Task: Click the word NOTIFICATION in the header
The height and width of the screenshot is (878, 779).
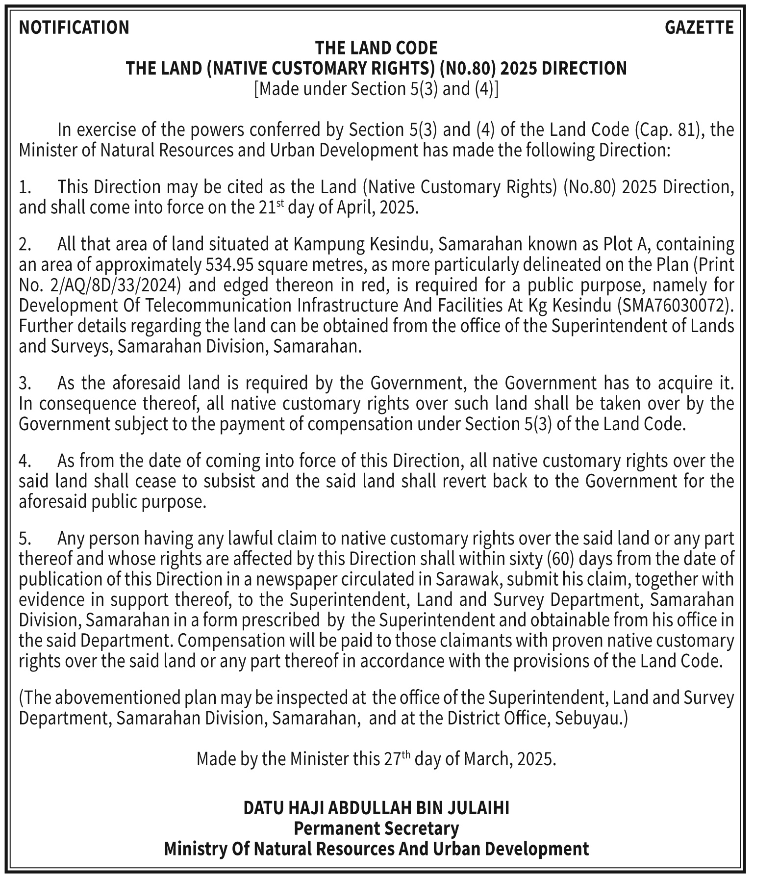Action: [x=74, y=27]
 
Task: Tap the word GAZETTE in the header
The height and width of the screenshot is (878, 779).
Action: [x=699, y=27]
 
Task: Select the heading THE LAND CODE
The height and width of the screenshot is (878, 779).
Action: [x=376, y=48]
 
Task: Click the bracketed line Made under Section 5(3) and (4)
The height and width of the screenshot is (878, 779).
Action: [x=376, y=89]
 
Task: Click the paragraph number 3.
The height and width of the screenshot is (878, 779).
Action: [x=25, y=383]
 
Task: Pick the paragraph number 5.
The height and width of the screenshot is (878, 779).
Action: [x=25, y=539]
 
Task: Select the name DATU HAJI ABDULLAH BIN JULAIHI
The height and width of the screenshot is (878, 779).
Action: [x=376, y=808]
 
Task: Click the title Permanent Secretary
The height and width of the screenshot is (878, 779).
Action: [x=376, y=828]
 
